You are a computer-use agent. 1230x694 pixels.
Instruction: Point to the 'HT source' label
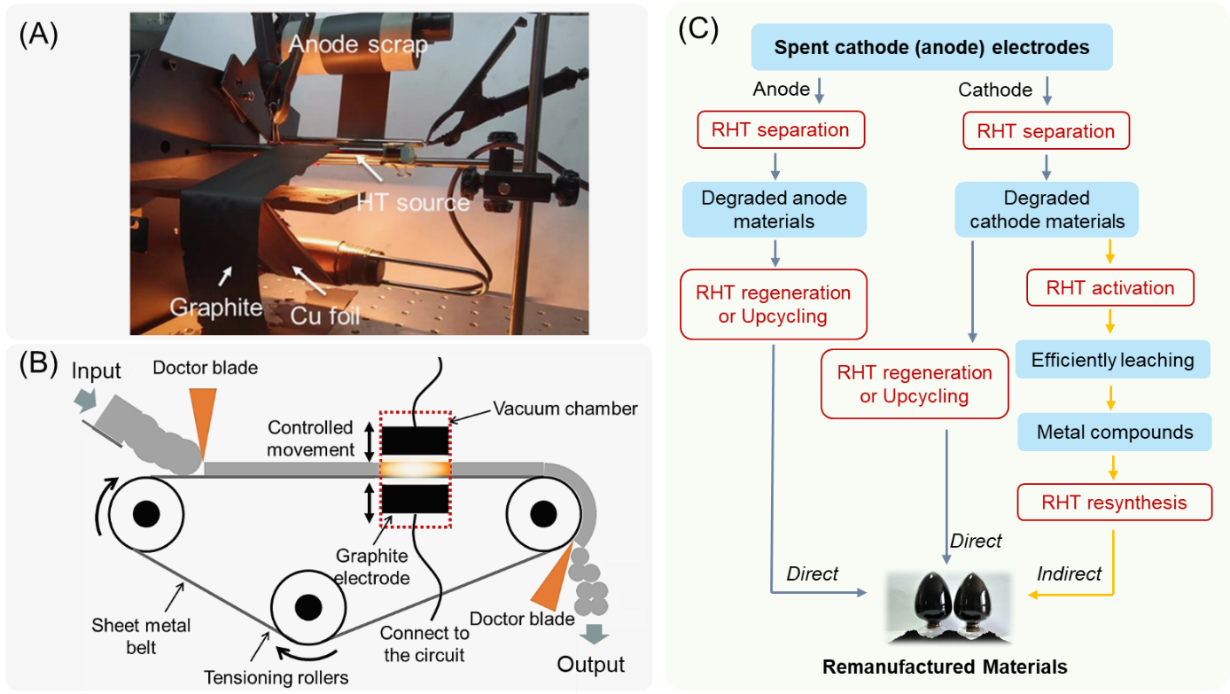click(x=412, y=202)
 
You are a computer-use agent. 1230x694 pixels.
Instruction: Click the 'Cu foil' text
click(x=331, y=314)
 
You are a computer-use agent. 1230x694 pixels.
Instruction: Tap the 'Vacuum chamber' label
click(x=565, y=409)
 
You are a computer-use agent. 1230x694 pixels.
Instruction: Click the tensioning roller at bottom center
click(x=307, y=607)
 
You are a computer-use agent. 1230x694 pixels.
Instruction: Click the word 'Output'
click(x=591, y=665)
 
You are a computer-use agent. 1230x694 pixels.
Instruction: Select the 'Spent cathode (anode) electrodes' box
click(x=931, y=48)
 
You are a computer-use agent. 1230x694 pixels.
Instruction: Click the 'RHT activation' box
click(x=1109, y=288)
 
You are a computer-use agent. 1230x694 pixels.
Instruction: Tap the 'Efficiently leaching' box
click(x=1112, y=361)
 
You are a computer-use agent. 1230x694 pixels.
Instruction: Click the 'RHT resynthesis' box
click(x=1114, y=503)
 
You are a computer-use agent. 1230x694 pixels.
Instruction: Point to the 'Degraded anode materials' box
click(x=774, y=209)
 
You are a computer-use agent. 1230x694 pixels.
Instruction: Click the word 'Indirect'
click(x=1069, y=574)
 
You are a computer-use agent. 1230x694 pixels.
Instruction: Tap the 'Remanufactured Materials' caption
click(x=945, y=667)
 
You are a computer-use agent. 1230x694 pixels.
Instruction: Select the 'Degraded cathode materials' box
click(x=1047, y=210)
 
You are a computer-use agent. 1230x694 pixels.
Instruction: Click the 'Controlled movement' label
click(x=310, y=439)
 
